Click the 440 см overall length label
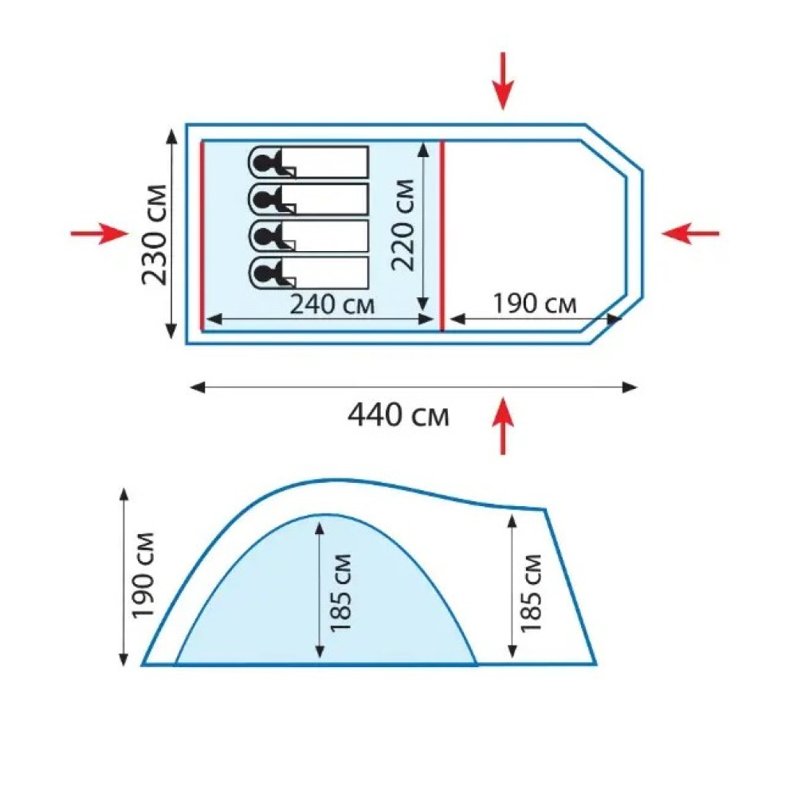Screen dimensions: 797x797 coord(398,415)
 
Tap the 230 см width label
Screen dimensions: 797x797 coord(155,235)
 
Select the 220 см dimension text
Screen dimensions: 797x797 coord(403,224)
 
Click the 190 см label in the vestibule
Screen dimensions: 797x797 coord(535,304)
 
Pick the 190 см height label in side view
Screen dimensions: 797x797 coord(143,575)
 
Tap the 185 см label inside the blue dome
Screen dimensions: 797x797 coord(340,593)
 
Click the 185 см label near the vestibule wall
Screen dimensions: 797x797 coord(531,593)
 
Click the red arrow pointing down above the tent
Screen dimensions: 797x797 coord(503,80)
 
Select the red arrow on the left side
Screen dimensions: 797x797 coord(99,234)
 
